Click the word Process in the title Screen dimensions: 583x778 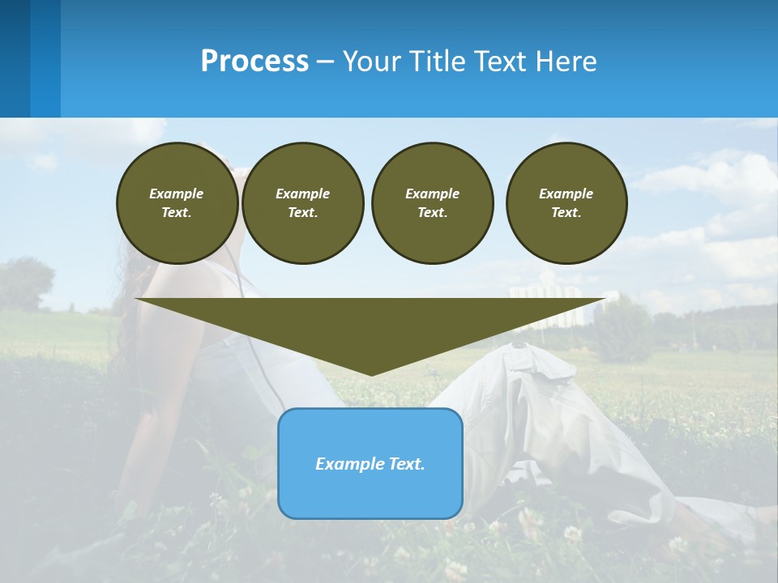coord(254,62)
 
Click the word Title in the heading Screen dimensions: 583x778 coord(434,62)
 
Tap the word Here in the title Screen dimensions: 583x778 coord(566,62)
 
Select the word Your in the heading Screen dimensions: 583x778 coord(372,62)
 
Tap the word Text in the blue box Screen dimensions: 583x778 coord(405,464)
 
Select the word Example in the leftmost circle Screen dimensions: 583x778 coord(177,194)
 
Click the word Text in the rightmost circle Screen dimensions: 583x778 coord(566,212)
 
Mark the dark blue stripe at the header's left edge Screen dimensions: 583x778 coord(15,58)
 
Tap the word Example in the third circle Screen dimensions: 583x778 coord(432,194)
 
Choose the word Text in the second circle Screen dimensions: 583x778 coord(302,212)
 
